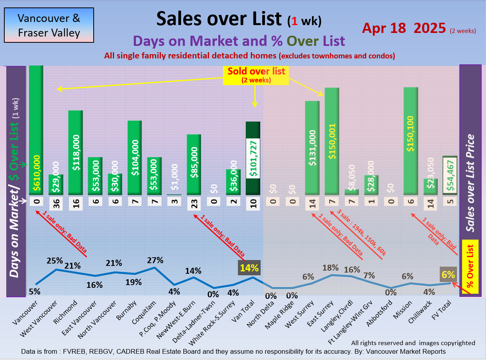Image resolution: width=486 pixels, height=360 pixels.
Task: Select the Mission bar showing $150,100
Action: (411, 141)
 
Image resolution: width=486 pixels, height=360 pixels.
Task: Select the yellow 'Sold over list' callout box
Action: (256, 75)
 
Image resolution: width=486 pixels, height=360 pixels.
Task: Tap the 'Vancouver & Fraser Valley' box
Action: (49, 25)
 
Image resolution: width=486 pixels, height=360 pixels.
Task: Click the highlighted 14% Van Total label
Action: (249, 268)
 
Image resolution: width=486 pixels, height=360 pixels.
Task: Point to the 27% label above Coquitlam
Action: (154, 260)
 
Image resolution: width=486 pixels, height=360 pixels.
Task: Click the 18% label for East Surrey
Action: (330, 268)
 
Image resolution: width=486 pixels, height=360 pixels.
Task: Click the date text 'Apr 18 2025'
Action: (404, 28)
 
